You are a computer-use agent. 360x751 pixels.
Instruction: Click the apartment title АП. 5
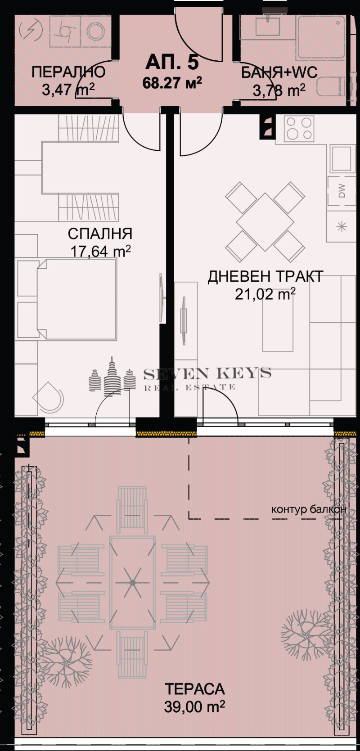click(171, 63)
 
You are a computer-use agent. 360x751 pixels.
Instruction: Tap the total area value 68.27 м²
click(172, 83)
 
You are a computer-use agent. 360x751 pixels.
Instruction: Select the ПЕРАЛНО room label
click(68, 72)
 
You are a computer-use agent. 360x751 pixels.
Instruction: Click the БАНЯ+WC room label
click(279, 72)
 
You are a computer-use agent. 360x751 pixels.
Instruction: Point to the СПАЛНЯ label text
click(100, 234)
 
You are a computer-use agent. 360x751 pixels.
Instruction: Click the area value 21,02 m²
click(265, 294)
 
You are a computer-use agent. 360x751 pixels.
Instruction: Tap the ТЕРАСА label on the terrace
click(194, 689)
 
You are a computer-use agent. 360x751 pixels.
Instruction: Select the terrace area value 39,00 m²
click(194, 707)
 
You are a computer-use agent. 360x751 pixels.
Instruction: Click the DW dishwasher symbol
click(342, 191)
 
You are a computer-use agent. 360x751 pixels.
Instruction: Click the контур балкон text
click(308, 509)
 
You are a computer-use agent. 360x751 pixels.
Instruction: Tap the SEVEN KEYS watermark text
click(207, 373)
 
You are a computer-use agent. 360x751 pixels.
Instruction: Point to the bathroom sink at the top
click(268, 26)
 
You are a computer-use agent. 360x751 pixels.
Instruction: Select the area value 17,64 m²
click(100, 251)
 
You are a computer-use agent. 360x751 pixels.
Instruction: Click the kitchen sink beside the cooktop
click(342, 158)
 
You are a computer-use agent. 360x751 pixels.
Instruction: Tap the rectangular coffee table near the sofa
click(278, 323)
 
